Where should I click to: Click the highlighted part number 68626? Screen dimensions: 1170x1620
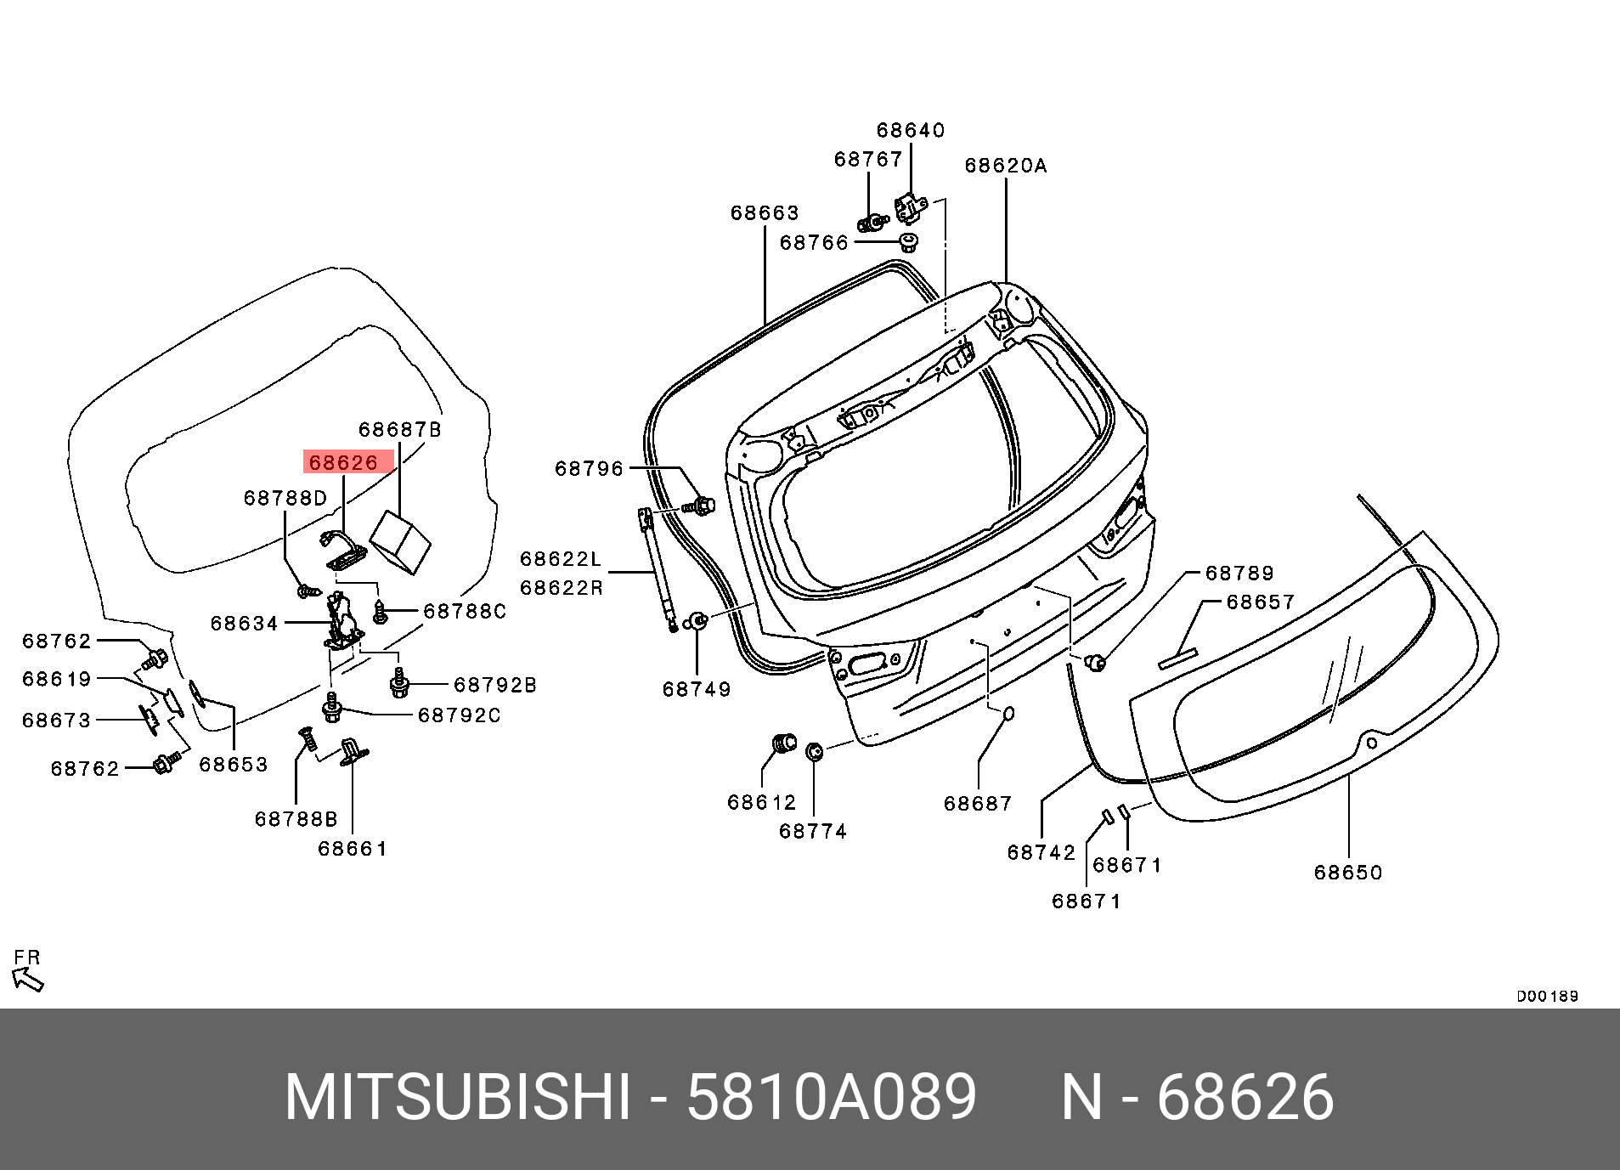pyautogui.click(x=344, y=462)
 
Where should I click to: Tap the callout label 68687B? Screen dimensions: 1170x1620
pyautogui.click(x=400, y=430)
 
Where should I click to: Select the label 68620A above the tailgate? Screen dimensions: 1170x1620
pyautogui.click(x=1006, y=166)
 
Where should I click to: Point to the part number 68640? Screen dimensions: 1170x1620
pyautogui.click(x=911, y=130)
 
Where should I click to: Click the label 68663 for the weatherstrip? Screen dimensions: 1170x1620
pyautogui.click(x=765, y=212)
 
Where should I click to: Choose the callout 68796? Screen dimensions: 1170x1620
pyautogui.click(x=589, y=468)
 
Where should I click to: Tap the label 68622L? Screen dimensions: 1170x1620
pyautogui.click(x=561, y=558)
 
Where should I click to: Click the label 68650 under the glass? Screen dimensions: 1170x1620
pyautogui.click(x=1348, y=873)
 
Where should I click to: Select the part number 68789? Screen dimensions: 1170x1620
pyautogui.click(x=1240, y=573)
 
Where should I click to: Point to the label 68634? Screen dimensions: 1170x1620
pyautogui.click(x=245, y=624)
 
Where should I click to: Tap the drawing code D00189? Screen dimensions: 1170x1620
pyautogui.click(x=1547, y=996)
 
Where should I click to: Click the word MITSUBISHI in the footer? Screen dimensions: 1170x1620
pyautogui.click(x=458, y=1097)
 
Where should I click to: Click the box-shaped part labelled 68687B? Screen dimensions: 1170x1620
pyautogui.click(x=401, y=540)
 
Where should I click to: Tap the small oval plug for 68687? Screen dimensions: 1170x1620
pyautogui.click(x=1008, y=714)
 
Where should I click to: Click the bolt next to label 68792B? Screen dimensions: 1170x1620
pyautogui.click(x=399, y=682)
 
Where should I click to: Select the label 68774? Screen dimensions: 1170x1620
pyautogui.click(x=813, y=831)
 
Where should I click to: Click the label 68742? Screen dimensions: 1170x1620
pyautogui.click(x=1041, y=852)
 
